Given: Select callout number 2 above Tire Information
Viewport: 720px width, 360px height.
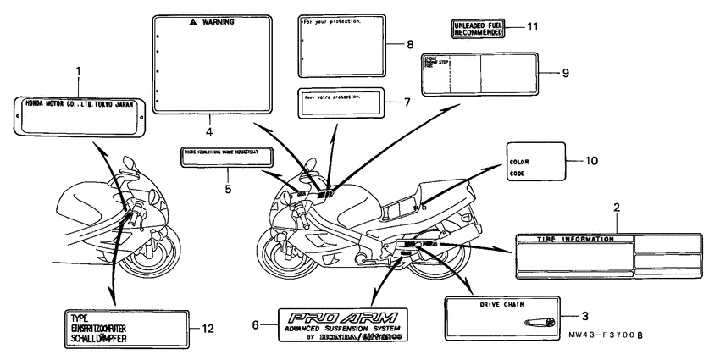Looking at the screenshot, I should point(617,208).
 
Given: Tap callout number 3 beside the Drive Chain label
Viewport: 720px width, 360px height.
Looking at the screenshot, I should point(583,313).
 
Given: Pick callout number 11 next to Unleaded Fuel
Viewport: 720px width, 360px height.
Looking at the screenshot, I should point(532,27).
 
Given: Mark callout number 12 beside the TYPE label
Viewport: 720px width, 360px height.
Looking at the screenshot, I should point(200,328).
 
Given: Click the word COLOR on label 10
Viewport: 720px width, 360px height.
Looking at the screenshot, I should point(519,159).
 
